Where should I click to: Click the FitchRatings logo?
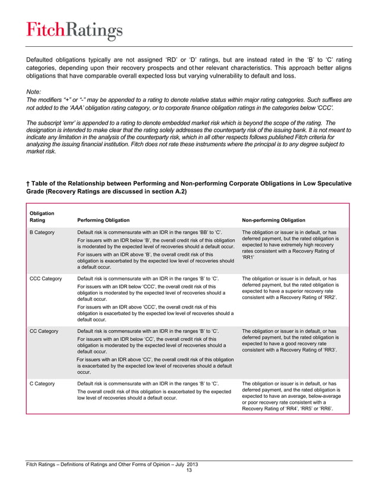coord(73,30)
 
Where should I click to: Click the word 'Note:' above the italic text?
coord(35,92)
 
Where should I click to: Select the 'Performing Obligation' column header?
coord(104,220)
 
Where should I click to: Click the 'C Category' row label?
coord(43,384)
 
